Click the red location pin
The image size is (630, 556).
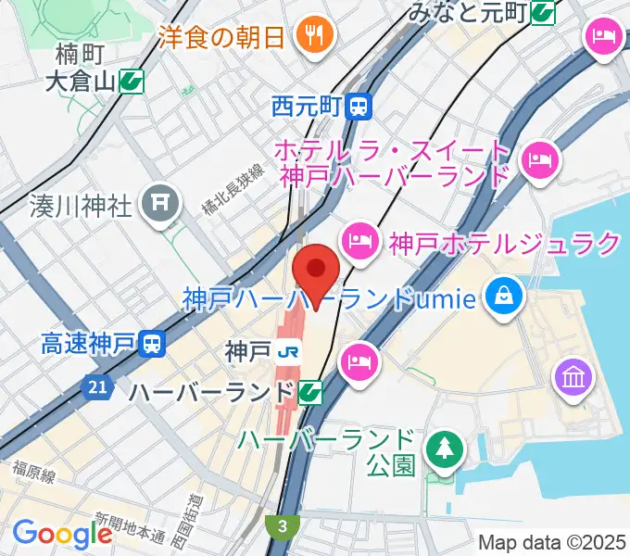point(316,272)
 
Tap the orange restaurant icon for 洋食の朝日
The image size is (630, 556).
point(315,36)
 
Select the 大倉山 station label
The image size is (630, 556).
point(80,82)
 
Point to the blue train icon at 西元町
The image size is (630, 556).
point(359,107)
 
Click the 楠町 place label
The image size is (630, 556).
point(78,53)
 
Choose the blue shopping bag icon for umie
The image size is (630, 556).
point(507,297)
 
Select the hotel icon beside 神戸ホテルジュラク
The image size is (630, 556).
point(359,244)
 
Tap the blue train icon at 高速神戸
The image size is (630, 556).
point(151,346)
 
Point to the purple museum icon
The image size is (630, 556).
point(570,377)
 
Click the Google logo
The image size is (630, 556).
point(62,535)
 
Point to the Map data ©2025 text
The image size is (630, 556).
point(552,542)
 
